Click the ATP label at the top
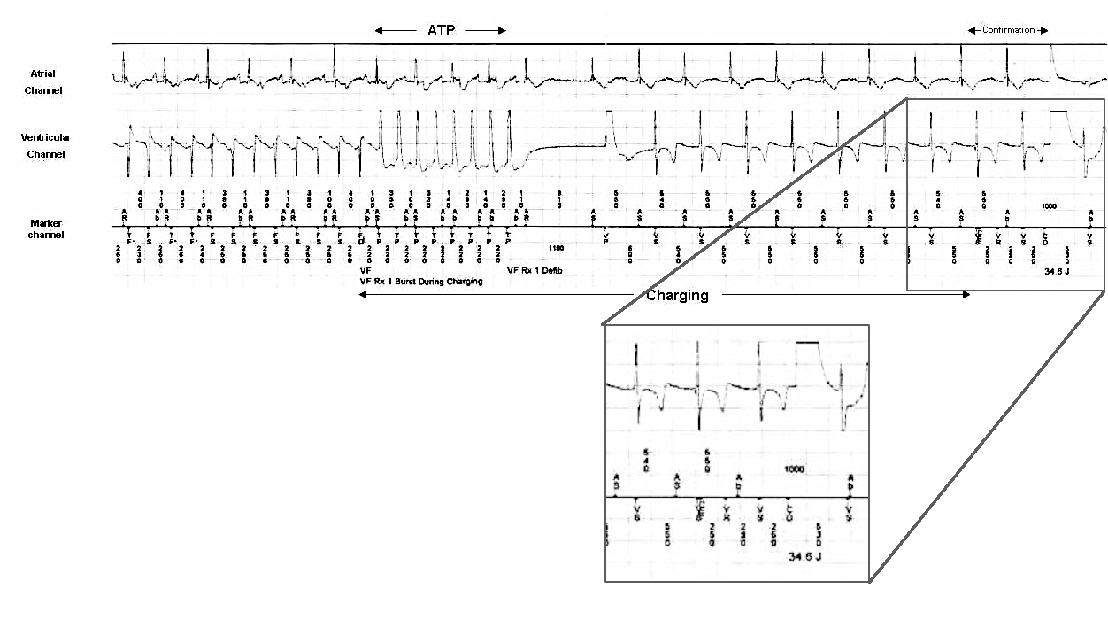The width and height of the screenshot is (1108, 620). point(441,30)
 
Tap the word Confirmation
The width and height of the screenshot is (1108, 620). point(1008,30)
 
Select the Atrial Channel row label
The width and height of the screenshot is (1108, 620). point(43,82)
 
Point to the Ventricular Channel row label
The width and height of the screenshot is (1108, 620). point(46,146)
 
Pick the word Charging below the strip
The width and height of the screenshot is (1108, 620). point(677,296)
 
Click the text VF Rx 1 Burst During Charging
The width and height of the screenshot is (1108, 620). point(421,282)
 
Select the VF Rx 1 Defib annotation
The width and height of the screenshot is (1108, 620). point(535,270)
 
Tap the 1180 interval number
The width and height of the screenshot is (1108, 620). point(557,249)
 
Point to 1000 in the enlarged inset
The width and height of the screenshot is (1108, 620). point(795,469)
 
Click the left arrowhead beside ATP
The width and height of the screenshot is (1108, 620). point(378,30)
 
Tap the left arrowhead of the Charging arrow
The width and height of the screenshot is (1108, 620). point(361,295)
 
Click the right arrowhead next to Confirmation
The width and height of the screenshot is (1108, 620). point(1045,30)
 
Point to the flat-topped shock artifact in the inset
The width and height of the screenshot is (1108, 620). point(808,342)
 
